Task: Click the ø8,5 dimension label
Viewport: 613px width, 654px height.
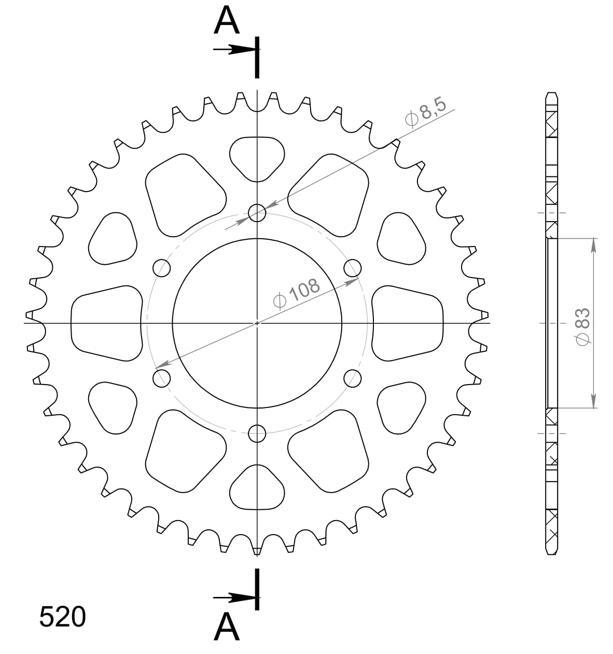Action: point(425,112)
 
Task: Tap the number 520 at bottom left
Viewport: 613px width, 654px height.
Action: point(62,618)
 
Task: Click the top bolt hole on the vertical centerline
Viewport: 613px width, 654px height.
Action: point(257,212)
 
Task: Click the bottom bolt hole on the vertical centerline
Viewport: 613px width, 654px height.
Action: point(257,432)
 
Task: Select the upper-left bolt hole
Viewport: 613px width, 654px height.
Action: point(162,268)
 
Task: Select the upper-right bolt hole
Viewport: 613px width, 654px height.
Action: point(352,268)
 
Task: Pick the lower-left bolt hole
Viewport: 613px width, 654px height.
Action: point(162,377)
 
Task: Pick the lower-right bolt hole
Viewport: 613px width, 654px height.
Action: point(352,378)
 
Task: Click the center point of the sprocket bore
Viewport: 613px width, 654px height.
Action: point(257,323)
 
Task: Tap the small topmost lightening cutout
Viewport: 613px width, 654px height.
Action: point(257,157)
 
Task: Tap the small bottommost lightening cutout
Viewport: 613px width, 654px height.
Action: point(257,488)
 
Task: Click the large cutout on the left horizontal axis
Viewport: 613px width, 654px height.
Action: point(106,322)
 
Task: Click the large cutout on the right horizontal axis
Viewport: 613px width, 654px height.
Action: point(408,322)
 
